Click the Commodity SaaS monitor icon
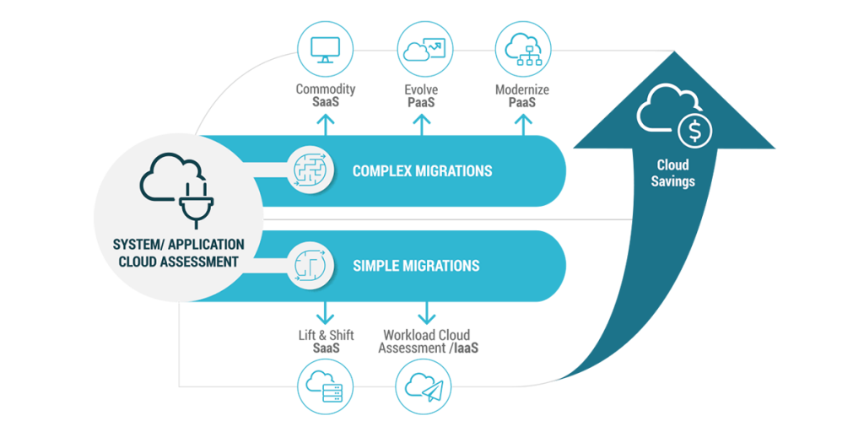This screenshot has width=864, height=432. (326, 50)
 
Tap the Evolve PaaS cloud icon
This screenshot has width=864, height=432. (422, 50)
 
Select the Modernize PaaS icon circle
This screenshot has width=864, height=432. (521, 50)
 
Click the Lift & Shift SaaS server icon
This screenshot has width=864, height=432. (326, 387)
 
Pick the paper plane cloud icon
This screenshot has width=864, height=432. (424, 387)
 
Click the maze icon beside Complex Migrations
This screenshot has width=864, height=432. (307, 171)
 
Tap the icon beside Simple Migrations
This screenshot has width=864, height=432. (307, 266)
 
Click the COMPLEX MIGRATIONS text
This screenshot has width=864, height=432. (422, 171)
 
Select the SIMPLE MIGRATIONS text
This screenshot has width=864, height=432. (416, 266)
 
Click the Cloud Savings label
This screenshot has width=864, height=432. (673, 173)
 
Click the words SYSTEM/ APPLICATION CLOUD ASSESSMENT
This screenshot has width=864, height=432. (179, 253)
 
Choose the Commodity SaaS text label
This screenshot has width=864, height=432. (326, 95)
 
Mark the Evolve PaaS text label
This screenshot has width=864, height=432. (421, 95)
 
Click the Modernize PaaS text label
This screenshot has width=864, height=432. (523, 95)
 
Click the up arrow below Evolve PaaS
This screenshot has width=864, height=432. (421, 123)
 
